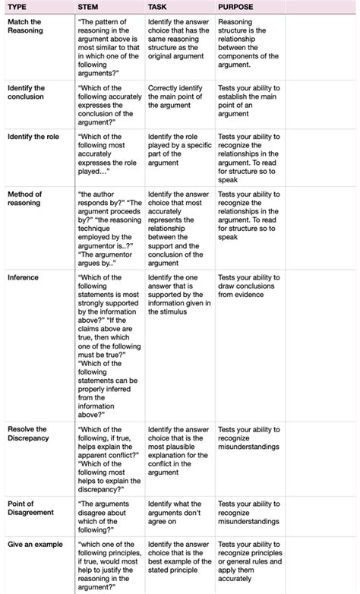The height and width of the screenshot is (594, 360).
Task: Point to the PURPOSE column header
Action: (236, 7)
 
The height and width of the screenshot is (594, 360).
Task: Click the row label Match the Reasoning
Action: (26, 26)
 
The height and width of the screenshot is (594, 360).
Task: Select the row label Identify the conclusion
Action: (26, 93)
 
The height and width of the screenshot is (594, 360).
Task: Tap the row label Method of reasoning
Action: (25, 198)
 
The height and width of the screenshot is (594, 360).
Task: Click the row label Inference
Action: (23, 278)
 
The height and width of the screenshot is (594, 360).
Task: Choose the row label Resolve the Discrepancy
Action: (27, 434)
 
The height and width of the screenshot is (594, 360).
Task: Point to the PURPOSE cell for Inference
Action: (248, 286)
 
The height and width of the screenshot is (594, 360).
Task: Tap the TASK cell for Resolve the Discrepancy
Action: (177, 453)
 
